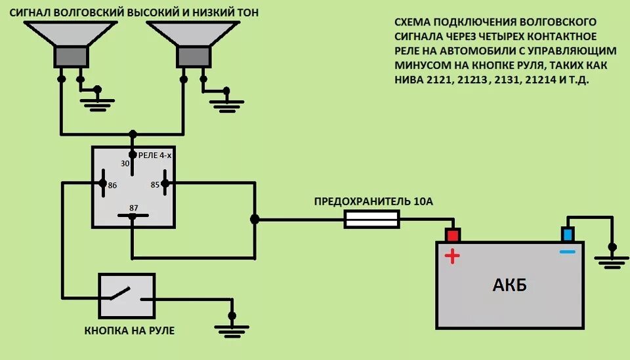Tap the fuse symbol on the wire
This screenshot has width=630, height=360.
pyautogui.click(x=372, y=220)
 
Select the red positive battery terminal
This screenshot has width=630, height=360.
pyautogui.click(x=452, y=234)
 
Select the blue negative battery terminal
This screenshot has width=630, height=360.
pyautogui.click(x=568, y=234)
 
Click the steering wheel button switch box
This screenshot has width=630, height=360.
pyautogui.click(x=127, y=296)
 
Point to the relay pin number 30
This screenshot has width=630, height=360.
pyautogui.click(x=125, y=164)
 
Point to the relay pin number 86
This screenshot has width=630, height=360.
pyautogui.click(x=112, y=186)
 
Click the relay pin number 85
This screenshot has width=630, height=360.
pyautogui.click(x=155, y=186)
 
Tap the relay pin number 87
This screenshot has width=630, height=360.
pyautogui.click(x=133, y=208)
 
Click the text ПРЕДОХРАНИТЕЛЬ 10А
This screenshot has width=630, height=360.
pyautogui.click(x=373, y=201)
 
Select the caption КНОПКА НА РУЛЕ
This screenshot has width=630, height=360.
pyautogui.click(x=129, y=330)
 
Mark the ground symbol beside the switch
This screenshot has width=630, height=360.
pyautogui.click(x=230, y=328)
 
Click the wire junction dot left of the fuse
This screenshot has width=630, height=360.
pyautogui.click(x=255, y=220)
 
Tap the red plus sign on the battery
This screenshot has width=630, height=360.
pyautogui.click(x=452, y=256)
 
